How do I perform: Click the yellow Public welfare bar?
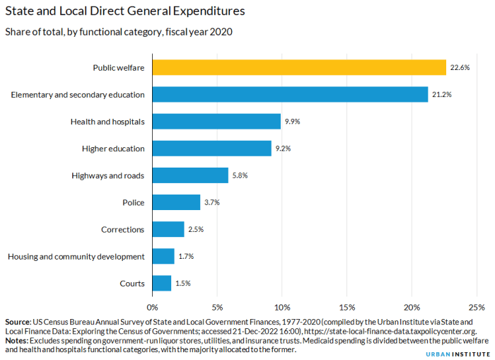[x=299, y=67]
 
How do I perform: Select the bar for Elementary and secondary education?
[x=290, y=94]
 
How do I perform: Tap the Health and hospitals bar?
[x=216, y=121]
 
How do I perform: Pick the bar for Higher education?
[x=211, y=149]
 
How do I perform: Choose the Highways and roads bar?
[x=190, y=175]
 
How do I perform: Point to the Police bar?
[x=176, y=202]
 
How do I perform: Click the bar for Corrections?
[x=168, y=229]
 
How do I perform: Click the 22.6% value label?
[x=460, y=67]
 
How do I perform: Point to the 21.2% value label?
[x=442, y=94]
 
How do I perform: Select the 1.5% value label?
[x=183, y=283]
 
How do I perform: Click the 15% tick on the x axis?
[x=346, y=308]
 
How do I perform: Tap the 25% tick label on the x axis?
[x=477, y=308]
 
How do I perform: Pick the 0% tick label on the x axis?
[x=152, y=308]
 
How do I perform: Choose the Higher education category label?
[x=112, y=149]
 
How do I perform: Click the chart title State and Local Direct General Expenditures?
[x=126, y=11]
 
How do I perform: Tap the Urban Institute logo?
[x=460, y=352]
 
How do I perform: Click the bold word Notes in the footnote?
[x=17, y=340]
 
